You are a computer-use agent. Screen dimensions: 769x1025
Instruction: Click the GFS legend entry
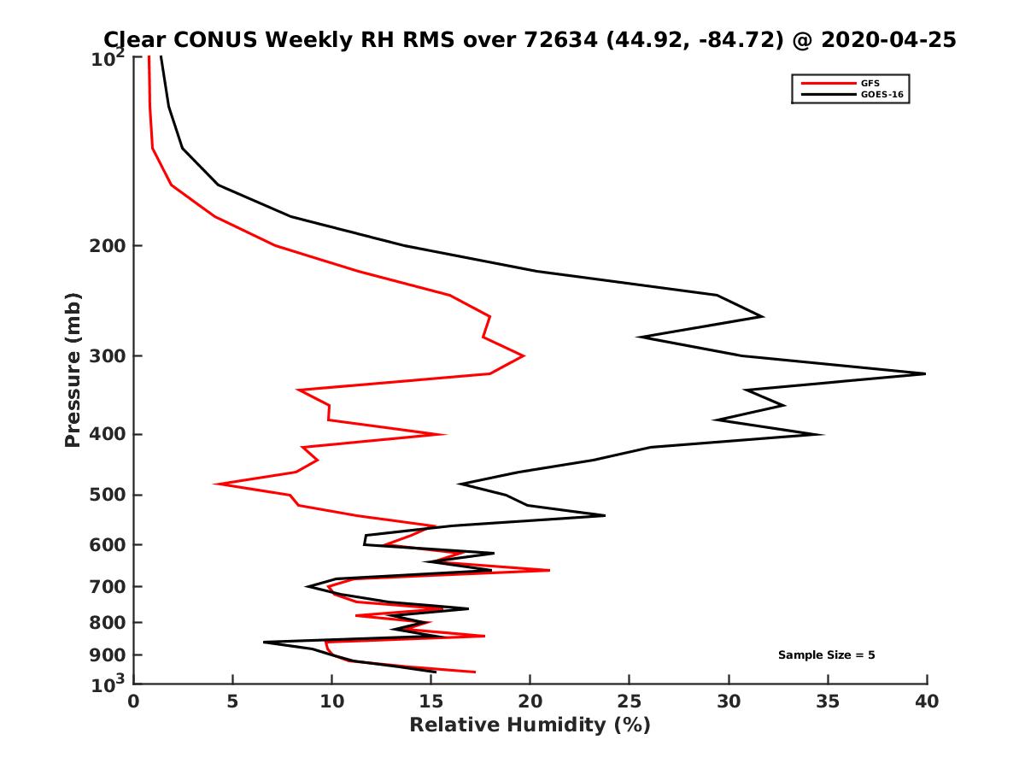[870, 83]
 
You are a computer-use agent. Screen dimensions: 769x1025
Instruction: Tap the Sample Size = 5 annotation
[826, 655]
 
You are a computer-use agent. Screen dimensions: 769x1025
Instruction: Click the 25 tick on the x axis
[630, 702]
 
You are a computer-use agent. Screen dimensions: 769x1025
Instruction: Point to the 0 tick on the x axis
[134, 702]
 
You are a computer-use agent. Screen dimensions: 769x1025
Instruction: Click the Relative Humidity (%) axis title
[530, 725]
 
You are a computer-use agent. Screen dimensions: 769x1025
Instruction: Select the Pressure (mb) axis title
[73, 369]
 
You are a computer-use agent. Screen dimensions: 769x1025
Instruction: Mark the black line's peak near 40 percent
[925, 373]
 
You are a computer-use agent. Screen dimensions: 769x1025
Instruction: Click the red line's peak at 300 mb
[524, 355]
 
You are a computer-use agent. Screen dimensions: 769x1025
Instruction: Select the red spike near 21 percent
[549, 570]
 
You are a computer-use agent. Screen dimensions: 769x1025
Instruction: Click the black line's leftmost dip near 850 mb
[264, 643]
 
